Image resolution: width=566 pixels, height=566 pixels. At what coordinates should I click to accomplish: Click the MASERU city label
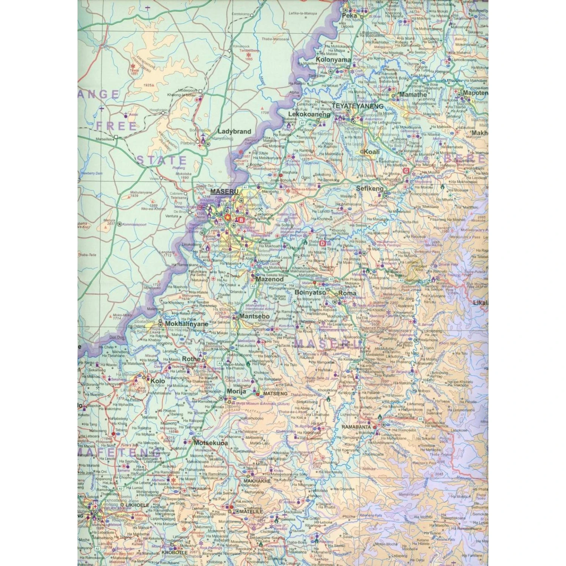pyautogui.click(x=224, y=192)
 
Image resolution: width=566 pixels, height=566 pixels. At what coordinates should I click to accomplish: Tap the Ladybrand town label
pyautogui.click(x=234, y=132)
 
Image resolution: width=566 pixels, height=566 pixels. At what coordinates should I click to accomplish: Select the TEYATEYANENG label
pyautogui.click(x=358, y=106)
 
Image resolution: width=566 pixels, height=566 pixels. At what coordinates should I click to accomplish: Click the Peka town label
pyautogui.click(x=349, y=16)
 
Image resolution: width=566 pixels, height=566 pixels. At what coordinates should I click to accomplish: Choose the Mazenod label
pyautogui.click(x=269, y=280)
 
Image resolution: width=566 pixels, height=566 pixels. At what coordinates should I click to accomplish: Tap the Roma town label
pyautogui.click(x=347, y=293)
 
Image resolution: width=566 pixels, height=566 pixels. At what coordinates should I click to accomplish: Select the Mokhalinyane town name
pyautogui.click(x=186, y=324)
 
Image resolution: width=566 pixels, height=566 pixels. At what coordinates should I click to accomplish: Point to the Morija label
pyautogui.click(x=236, y=391)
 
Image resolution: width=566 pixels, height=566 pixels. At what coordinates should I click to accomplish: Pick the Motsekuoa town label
pyautogui.click(x=211, y=443)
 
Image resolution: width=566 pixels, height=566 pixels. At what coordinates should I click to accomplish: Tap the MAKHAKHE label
pyautogui.click(x=257, y=481)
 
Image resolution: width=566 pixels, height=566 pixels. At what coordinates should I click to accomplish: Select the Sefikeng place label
pyautogui.click(x=370, y=188)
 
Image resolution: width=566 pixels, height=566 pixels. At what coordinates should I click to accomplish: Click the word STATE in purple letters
pyautogui.click(x=161, y=160)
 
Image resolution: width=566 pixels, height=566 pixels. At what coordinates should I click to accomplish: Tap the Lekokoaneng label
pyautogui.click(x=309, y=114)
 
